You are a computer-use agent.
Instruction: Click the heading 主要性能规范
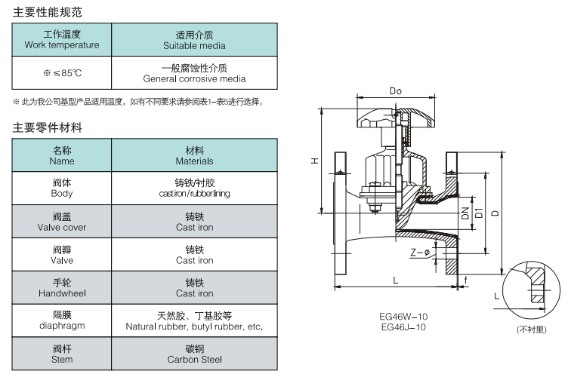(x=48, y=13)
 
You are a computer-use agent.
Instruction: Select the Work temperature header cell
(x=62, y=39)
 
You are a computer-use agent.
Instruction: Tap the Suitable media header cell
(x=194, y=39)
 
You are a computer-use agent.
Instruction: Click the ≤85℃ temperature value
(x=62, y=73)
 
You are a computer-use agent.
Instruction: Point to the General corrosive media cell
(x=194, y=73)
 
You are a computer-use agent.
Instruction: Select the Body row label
(x=62, y=188)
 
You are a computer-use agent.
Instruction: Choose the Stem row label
(x=62, y=354)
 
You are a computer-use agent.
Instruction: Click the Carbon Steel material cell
(x=194, y=354)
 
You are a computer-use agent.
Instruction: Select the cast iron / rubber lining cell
(x=194, y=188)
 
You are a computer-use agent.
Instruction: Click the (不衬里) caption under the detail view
(x=531, y=329)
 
